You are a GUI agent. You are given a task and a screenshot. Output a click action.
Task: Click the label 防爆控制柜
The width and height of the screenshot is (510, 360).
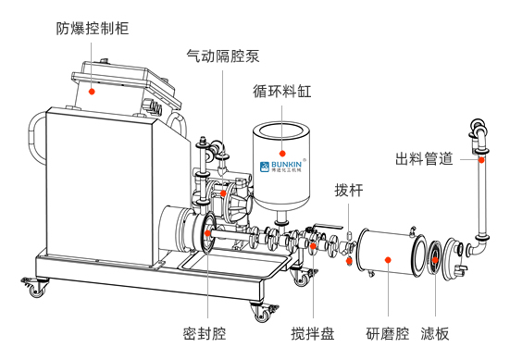[93, 29]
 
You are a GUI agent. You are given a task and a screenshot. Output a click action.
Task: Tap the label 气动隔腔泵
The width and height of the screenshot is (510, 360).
[223, 56]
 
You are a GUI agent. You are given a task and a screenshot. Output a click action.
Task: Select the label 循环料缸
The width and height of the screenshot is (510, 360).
[281, 92]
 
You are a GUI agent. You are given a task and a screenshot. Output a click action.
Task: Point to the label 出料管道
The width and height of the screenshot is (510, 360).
[424, 159]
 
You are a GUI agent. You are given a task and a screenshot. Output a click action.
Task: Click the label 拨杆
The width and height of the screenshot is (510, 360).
[349, 191]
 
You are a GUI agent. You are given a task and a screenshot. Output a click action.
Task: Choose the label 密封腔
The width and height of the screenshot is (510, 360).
[205, 334]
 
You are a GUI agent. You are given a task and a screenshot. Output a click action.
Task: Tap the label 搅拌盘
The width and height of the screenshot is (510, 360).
[313, 334]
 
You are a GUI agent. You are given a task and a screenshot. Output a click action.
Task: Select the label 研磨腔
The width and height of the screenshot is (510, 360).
[388, 334]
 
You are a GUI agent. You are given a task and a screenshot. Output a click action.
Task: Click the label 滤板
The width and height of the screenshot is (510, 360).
[435, 334]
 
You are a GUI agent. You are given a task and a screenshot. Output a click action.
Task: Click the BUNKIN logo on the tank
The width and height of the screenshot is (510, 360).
[281, 167]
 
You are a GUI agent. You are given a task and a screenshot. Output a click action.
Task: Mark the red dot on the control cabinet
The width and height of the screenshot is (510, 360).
[92, 92]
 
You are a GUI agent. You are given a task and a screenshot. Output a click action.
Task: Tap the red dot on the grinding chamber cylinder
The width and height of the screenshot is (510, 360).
[388, 260]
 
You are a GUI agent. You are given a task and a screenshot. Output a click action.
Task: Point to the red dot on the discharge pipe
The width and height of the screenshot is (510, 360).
[481, 160]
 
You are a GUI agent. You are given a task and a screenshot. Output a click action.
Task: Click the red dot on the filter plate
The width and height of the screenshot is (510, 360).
[435, 260]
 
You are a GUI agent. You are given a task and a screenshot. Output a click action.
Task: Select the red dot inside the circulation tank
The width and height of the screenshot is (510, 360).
[282, 154]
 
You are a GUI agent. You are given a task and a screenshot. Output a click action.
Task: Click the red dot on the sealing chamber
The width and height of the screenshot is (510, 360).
[207, 233]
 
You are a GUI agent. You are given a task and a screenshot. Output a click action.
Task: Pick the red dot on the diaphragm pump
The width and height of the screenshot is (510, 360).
[223, 193]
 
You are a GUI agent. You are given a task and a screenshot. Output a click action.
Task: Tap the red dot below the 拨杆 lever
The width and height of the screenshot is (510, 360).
[349, 260]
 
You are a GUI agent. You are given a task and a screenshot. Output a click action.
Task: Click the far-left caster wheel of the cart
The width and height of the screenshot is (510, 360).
[35, 287]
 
